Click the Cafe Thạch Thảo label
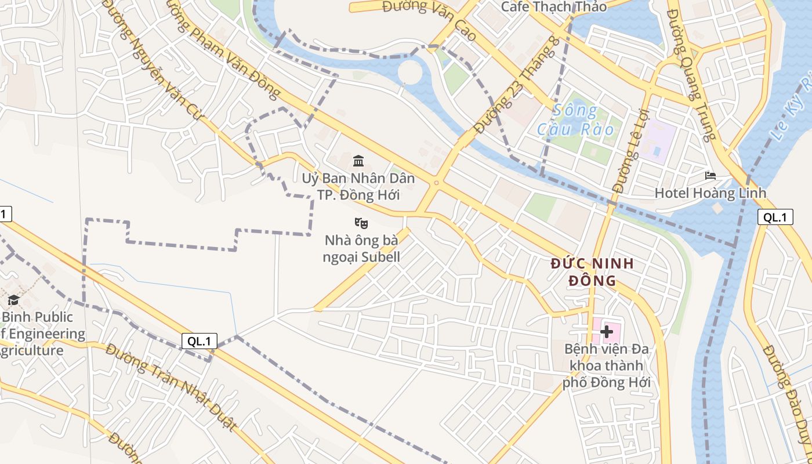[553, 7]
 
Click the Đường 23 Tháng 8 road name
[517, 85]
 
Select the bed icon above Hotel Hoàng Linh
[710, 176]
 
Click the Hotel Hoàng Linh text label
[710, 193]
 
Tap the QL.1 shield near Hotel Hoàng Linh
[775, 217]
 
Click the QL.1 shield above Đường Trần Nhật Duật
[200, 341]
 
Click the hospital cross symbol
[607, 331]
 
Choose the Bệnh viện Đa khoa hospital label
[607, 366]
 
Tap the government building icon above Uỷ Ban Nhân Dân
[358, 161]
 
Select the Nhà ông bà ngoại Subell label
[361, 248]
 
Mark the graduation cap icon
[13, 300]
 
